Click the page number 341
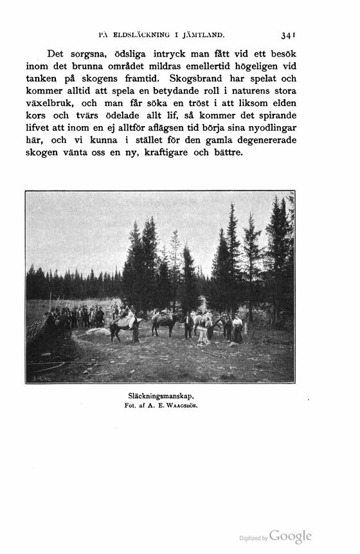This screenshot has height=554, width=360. coord(287,36)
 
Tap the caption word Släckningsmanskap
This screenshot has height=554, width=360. coord(160,397)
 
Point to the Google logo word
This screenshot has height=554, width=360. coord(291,537)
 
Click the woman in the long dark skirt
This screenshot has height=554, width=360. coord(238,329)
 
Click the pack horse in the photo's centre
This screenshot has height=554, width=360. coord(164,322)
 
